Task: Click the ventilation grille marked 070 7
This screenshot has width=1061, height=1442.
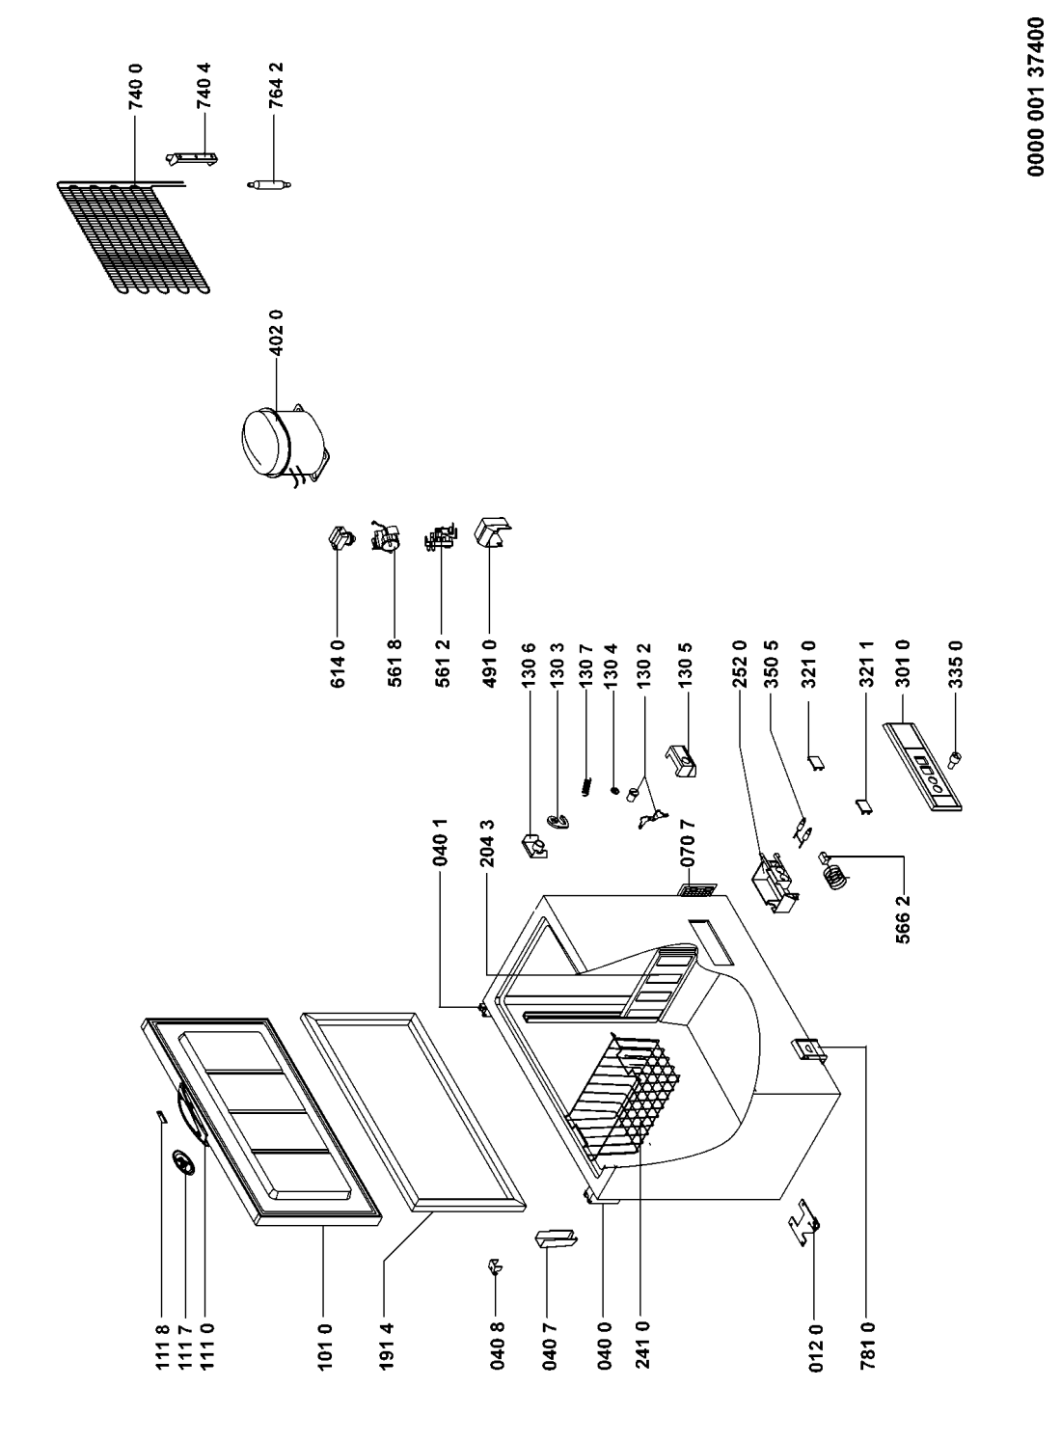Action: click(697, 890)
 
